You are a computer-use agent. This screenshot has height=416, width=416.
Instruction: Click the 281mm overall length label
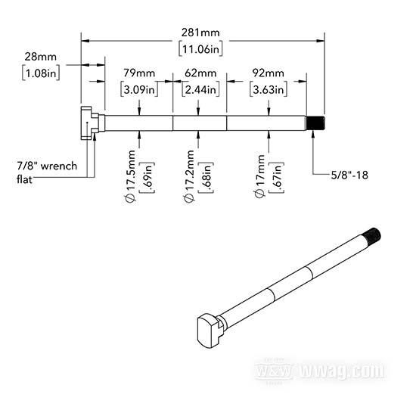click(x=200, y=33)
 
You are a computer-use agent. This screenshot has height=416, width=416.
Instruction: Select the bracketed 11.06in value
click(x=200, y=49)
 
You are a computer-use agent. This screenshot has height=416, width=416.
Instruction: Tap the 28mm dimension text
click(x=41, y=57)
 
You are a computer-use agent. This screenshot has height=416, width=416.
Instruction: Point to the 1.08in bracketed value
click(x=41, y=73)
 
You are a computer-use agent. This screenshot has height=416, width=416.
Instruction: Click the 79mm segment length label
click(x=139, y=73)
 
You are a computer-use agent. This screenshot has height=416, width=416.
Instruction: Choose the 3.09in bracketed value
click(x=139, y=89)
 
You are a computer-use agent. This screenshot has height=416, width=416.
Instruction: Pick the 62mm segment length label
click(x=200, y=73)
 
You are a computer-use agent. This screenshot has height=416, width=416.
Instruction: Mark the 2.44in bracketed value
click(x=200, y=89)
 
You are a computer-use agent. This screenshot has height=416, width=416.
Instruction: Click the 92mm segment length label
click(x=269, y=73)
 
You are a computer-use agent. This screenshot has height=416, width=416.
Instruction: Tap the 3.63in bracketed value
click(x=269, y=89)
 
